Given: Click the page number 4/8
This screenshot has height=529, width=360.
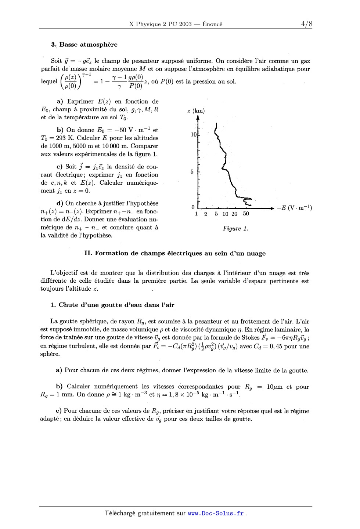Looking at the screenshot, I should coord(306,24).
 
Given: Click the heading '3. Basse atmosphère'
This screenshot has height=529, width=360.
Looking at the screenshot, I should coord(84,44).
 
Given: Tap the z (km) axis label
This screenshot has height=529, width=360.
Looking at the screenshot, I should coord(196,111).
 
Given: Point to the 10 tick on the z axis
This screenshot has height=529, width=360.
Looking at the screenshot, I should coord(194,135).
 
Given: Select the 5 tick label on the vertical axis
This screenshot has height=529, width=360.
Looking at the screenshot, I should coord(192,171).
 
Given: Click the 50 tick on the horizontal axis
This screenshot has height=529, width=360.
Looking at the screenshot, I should coord(246,214).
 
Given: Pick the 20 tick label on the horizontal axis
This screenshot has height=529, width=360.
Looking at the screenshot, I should coord(234,214).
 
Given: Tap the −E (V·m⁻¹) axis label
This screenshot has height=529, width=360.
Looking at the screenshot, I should coord(294,208).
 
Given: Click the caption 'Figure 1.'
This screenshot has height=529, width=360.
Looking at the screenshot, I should coord(235,229).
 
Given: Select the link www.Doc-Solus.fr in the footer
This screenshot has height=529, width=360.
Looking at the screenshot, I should coord(216,514).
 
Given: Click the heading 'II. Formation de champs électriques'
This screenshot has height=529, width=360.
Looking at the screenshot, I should coord(175,253).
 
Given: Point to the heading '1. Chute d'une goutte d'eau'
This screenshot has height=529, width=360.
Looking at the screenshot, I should coord(112,305).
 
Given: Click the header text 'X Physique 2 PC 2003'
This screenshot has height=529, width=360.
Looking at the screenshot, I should coord(161,24).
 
